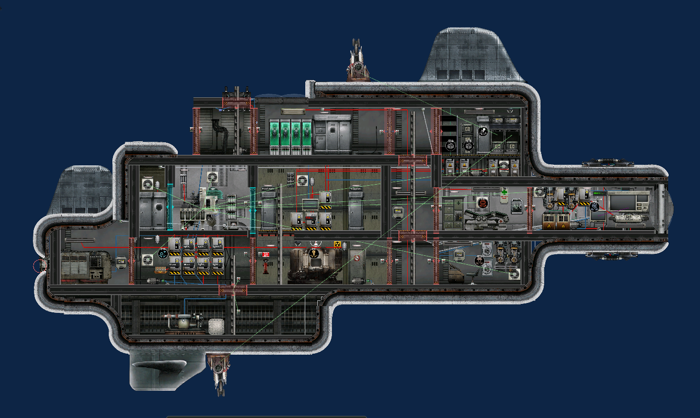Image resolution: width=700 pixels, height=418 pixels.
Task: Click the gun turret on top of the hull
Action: coord(358,63)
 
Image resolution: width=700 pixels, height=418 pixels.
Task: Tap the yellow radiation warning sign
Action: coord(338,244)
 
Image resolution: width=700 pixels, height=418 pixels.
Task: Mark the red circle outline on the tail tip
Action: coord(40,266)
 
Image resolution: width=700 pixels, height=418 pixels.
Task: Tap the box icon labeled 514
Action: coord(451,144)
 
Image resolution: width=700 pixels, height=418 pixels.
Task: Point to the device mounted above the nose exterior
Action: coord(608,163)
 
